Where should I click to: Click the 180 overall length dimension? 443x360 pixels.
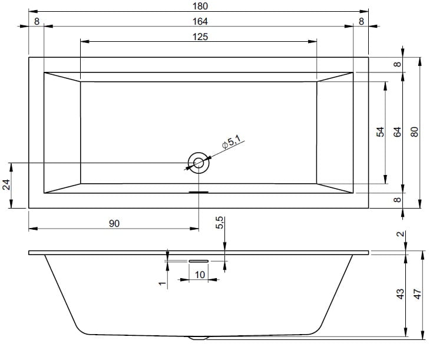pos(200,6)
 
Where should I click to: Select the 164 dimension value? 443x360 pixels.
pos(200,21)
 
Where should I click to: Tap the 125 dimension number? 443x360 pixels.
pos(200,37)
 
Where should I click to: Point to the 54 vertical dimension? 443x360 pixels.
pos(381,132)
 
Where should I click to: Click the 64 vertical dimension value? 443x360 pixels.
pos(397,132)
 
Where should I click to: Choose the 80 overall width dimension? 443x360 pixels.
pos(414,132)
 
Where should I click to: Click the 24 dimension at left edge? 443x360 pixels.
pos(6,185)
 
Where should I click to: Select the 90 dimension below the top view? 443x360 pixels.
pos(114,223)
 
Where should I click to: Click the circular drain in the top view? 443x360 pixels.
pos(199,163)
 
